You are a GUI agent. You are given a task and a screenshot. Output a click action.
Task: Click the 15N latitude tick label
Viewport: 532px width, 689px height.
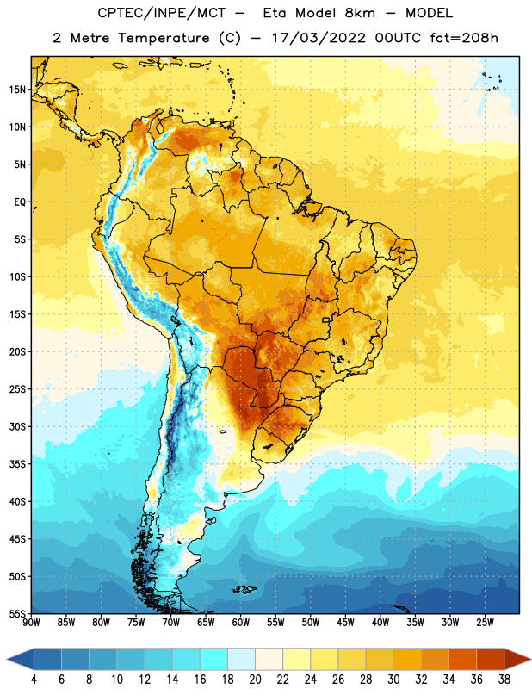17,90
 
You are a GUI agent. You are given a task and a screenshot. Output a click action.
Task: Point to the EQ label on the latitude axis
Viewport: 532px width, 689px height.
20,202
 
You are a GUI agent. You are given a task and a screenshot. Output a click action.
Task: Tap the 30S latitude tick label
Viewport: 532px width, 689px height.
17,426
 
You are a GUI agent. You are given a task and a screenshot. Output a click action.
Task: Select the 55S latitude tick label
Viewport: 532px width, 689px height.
17,613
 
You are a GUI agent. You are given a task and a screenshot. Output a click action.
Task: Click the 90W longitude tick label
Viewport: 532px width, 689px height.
31,623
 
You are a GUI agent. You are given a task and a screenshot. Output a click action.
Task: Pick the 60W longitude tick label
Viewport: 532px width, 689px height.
241,623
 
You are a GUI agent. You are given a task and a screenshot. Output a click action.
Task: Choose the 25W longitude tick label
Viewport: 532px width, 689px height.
485,623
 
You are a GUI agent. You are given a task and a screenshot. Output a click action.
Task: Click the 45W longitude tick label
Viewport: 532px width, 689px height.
345,623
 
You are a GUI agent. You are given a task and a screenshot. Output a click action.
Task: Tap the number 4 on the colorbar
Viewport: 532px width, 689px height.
34,680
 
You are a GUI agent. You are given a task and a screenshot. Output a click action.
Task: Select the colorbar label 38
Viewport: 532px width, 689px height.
504,680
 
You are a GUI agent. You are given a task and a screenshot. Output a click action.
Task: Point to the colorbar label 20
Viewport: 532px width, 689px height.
255,680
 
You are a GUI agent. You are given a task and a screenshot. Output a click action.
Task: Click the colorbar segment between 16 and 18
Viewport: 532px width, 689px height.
214,660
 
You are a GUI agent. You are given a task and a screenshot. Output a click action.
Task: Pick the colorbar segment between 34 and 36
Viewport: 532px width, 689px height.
462,660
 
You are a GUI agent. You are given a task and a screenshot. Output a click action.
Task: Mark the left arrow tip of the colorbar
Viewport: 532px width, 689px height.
7,660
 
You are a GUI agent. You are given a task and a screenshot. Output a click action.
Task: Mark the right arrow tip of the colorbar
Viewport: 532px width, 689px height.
530,660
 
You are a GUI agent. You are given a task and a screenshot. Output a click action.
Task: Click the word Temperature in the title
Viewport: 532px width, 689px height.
164,38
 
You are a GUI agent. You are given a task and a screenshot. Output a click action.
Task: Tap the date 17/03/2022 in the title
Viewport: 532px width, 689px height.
319,38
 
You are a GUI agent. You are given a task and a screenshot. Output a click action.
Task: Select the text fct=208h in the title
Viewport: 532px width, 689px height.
464,38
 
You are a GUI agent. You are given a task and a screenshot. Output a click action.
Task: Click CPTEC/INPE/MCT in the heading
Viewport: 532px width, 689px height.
162,13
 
